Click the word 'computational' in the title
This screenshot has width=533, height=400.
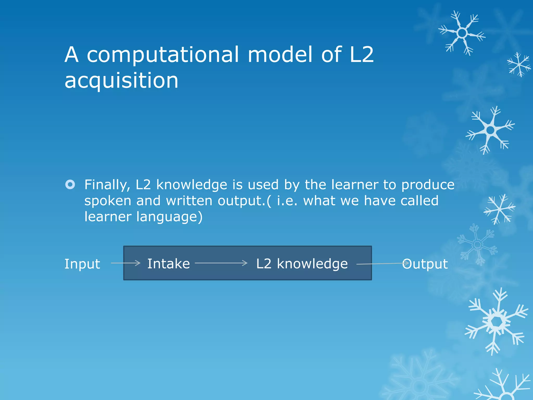pyautogui.click(x=163, y=55)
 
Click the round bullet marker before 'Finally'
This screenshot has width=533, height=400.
pyautogui.click(x=70, y=185)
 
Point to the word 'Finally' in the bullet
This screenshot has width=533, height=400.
pyautogui.click(x=107, y=185)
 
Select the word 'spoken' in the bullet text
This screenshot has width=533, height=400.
pyautogui.click(x=107, y=201)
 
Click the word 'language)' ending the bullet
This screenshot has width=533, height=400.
pyautogui.click(x=169, y=217)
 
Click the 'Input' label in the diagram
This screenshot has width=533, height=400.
pyautogui.click(x=82, y=264)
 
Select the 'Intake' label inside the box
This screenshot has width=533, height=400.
pyautogui.click(x=169, y=264)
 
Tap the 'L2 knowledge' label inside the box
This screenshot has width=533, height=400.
pyautogui.click(x=302, y=264)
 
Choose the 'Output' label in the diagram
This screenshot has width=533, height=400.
pyautogui.click(x=425, y=264)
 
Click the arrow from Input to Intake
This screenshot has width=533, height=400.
pyautogui.click(x=125, y=263)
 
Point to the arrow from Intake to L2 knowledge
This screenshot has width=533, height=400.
pyautogui.click(x=221, y=263)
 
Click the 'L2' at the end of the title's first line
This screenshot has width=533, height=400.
pyautogui.click(x=361, y=55)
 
